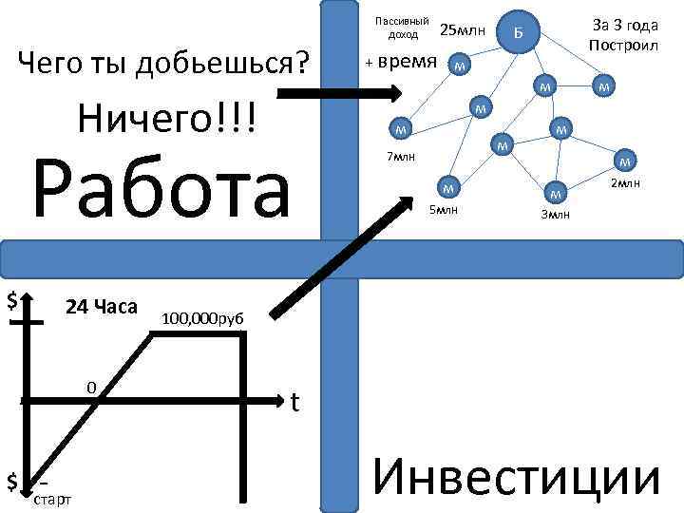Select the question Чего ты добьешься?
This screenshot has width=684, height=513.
click(166, 65)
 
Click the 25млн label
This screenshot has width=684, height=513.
click(463, 32)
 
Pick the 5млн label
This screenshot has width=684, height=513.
click(444, 209)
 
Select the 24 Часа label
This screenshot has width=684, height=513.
click(101, 307)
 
